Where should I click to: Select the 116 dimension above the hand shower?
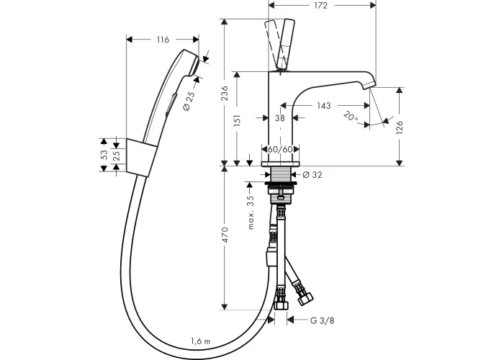(x=163, y=40)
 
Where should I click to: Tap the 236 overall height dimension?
(x=225, y=93)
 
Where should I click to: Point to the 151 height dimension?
(x=237, y=120)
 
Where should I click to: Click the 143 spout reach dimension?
(x=323, y=105)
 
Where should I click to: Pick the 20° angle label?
(x=351, y=116)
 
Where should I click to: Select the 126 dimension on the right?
(x=399, y=127)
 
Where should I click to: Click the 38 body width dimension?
(x=280, y=118)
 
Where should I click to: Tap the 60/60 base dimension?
(x=280, y=150)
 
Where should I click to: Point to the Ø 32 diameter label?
(x=312, y=174)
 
